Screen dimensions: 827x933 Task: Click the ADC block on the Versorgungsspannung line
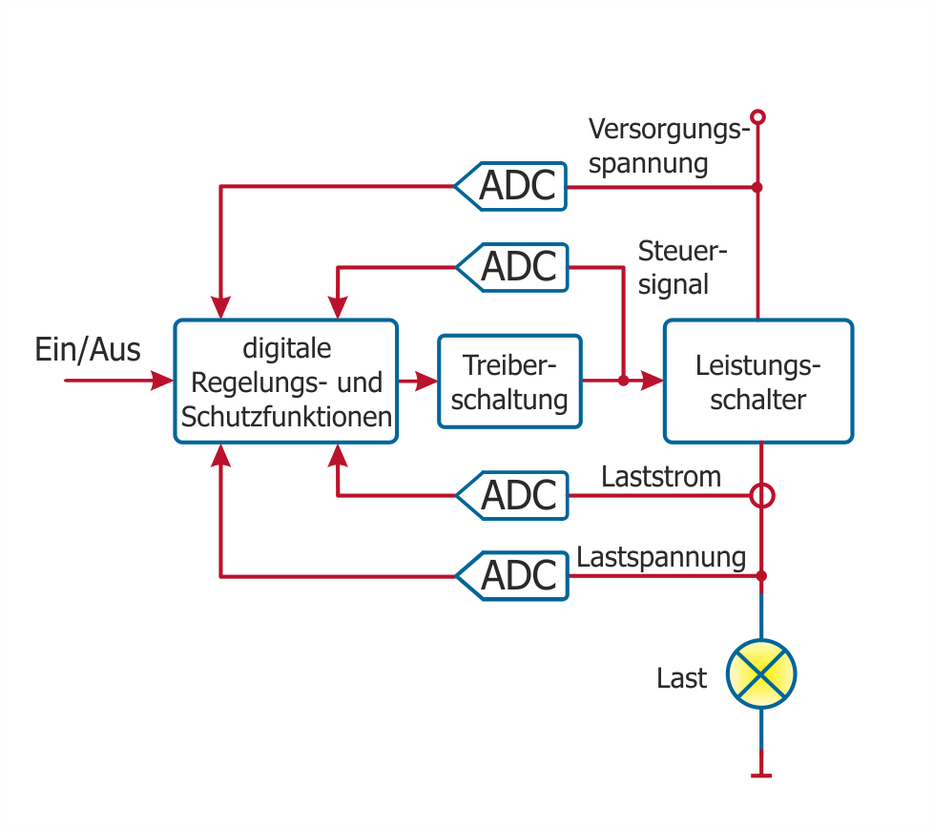point(511,186)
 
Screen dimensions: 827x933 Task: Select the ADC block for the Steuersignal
point(513,266)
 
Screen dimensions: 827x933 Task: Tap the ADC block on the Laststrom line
point(513,495)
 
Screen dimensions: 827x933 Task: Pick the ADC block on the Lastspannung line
point(513,576)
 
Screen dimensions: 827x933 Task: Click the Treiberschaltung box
point(509,381)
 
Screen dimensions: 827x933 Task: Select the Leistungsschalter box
point(757,381)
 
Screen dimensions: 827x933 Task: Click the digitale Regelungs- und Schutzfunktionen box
point(285,382)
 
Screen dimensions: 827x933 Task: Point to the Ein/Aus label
point(88,349)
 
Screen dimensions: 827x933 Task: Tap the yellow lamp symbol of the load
point(760,673)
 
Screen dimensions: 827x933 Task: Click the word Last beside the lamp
point(681,678)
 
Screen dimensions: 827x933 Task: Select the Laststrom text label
point(661,476)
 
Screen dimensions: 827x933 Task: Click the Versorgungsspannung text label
point(664,146)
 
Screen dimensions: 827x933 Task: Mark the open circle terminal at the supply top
point(758,117)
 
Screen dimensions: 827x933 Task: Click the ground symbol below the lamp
point(760,774)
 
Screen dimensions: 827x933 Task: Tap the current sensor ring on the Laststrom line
point(760,496)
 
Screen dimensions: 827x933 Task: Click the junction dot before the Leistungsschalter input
point(622,381)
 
